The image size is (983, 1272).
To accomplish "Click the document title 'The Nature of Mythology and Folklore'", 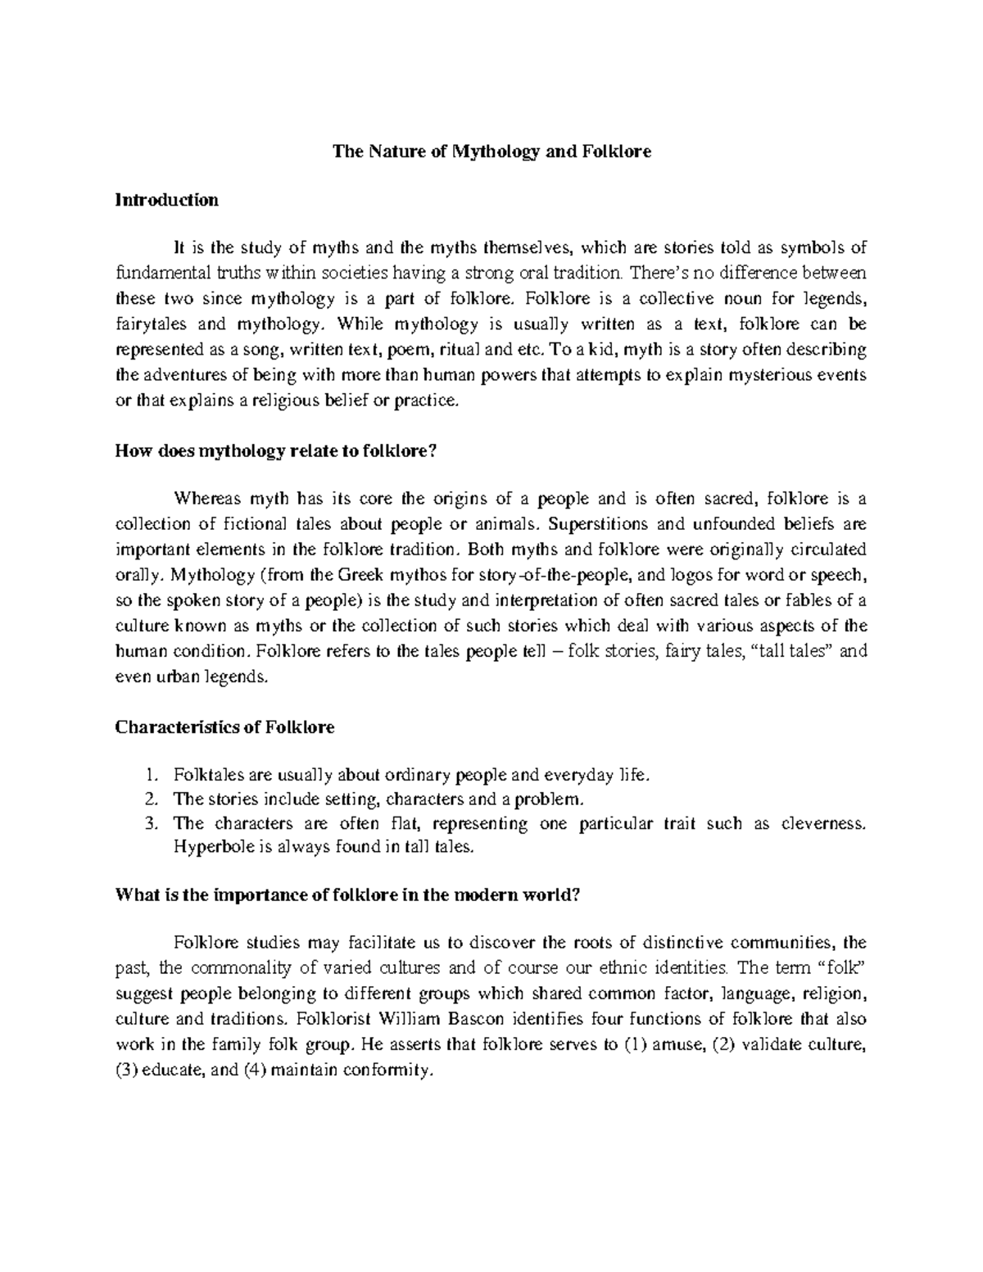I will (x=491, y=152).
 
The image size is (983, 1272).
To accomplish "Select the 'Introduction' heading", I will (x=166, y=200).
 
